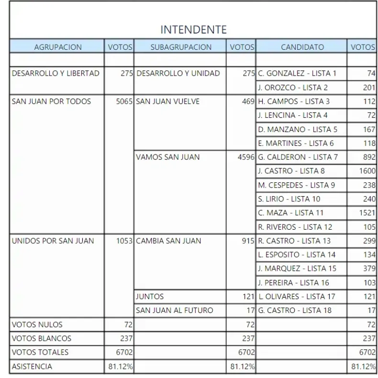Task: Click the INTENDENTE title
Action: (193, 30)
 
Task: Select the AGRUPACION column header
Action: (58, 47)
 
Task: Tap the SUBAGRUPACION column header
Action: (181, 47)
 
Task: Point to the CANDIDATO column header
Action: (302, 47)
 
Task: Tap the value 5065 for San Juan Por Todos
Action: (124, 101)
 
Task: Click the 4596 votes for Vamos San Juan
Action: (245, 157)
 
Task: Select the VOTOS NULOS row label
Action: (37, 324)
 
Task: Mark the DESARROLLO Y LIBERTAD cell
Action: (56, 74)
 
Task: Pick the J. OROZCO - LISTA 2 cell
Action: (292, 88)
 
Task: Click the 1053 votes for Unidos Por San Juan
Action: (124, 241)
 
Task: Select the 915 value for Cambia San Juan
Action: (248, 241)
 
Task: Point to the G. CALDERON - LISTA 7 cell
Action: (298, 157)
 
